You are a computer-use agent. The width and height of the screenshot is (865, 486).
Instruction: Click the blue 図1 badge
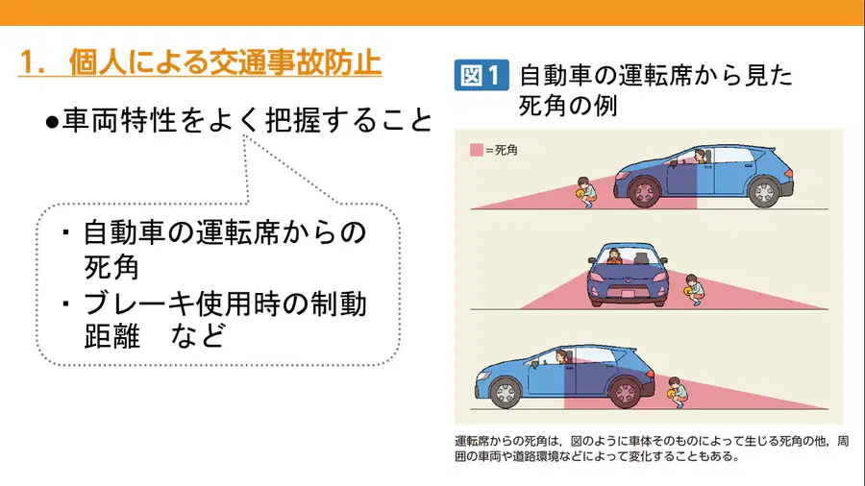point(482,75)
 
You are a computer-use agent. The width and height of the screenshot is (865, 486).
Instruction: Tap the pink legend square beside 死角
point(476,150)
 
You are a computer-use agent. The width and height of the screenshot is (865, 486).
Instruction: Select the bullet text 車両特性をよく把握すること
point(247,120)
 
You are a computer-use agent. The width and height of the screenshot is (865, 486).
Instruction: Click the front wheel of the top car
point(644,191)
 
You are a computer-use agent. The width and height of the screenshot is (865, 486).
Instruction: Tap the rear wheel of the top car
point(764,191)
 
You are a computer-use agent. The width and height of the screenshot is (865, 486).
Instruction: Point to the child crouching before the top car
point(586,192)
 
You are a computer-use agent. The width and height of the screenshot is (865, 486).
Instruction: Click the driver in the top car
point(700,156)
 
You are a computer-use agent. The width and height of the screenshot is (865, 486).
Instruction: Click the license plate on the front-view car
point(628,294)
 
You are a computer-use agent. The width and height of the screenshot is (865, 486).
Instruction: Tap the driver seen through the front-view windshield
point(613,256)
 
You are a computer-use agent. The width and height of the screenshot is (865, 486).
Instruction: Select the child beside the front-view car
point(693,290)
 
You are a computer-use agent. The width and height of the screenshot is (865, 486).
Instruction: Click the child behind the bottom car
point(677,392)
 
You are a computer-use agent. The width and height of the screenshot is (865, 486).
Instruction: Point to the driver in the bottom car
point(562,356)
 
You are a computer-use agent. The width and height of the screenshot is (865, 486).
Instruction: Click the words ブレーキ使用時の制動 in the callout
point(225,304)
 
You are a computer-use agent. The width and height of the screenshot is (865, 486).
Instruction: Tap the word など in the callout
point(198,335)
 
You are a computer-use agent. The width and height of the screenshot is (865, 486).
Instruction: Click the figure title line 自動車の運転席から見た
point(655,76)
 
